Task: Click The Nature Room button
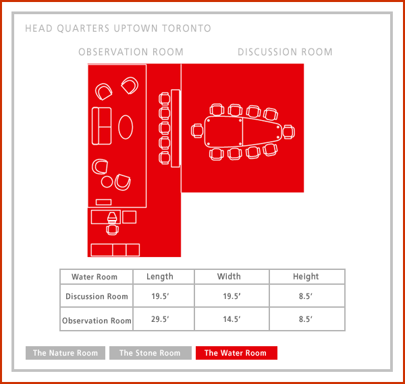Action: tap(65, 353)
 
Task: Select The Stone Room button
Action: tap(151, 353)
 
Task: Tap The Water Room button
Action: tap(236, 353)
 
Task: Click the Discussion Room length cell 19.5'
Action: tap(160, 296)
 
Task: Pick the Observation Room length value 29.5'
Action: tap(160, 319)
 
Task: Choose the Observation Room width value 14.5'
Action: tap(232, 319)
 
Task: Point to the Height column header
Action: tap(306, 277)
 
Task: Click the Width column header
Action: tap(229, 277)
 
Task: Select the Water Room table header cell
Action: tap(94, 277)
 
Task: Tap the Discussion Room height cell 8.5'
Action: tap(306, 296)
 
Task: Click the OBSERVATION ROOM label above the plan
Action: tap(131, 52)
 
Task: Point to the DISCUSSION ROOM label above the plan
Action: tap(285, 52)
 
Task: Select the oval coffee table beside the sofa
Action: tap(126, 127)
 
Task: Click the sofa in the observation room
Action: tap(102, 126)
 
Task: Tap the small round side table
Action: tap(107, 182)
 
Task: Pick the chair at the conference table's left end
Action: tap(197, 131)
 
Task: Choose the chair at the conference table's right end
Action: tap(288, 132)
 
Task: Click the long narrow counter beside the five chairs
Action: tap(175, 128)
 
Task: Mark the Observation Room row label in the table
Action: tap(97, 321)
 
